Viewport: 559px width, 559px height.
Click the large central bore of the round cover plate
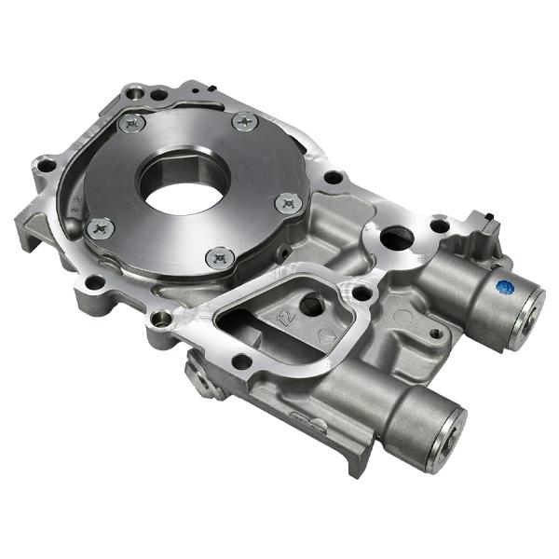point(184,180)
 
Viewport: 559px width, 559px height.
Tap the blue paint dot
point(504,288)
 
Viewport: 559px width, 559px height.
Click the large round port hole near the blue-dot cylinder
point(397,239)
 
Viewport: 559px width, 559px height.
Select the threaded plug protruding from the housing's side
point(203,376)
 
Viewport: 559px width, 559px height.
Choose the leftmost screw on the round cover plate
point(100,225)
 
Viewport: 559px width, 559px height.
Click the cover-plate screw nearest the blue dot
point(288,202)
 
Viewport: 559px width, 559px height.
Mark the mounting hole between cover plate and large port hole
point(333,177)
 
